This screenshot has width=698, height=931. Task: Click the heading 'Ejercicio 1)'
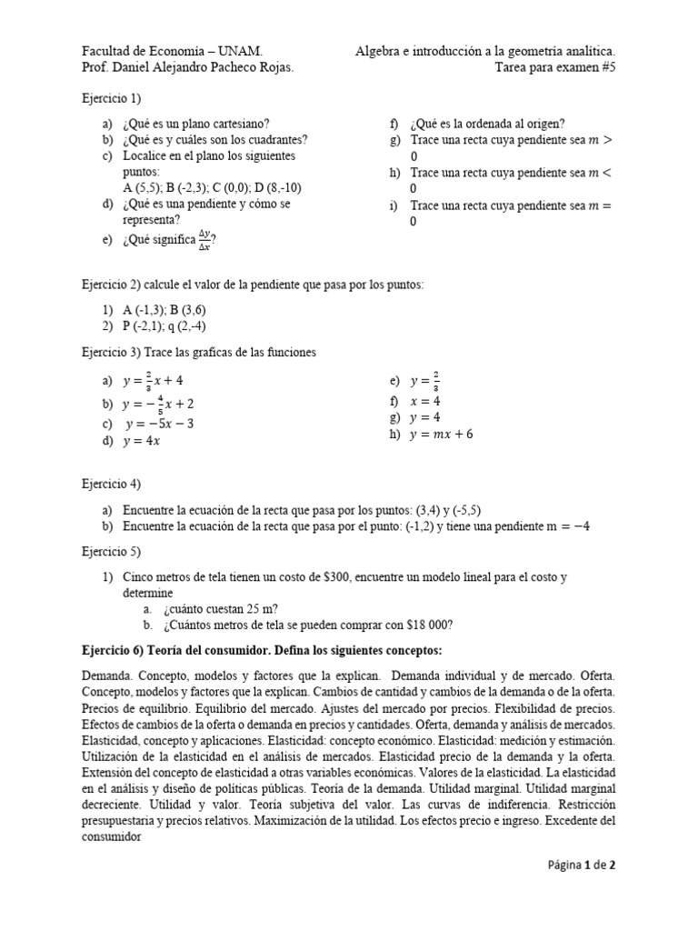pyautogui.click(x=112, y=98)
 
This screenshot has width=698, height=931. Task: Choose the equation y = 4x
pyautogui.click(x=144, y=441)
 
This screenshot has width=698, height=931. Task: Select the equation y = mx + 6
pyautogui.click(x=441, y=434)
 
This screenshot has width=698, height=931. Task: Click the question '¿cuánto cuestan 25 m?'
pyautogui.click(x=221, y=608)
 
